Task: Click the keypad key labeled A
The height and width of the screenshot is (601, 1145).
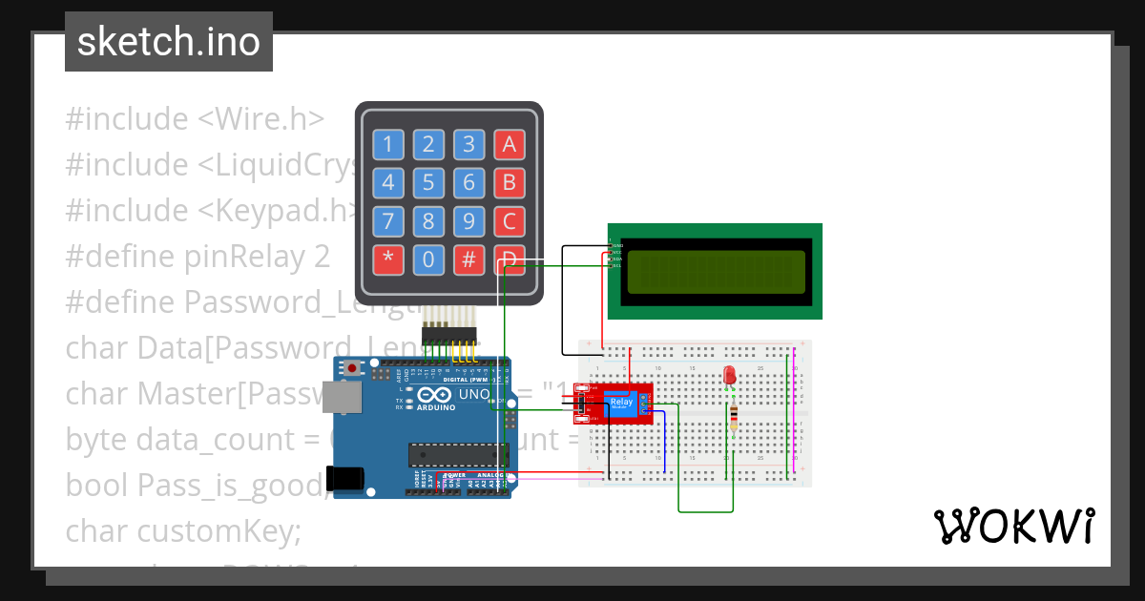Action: pyautogui.click(x=510, y=145)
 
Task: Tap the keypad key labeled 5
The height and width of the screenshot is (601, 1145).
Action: pyautogui.click(x=428, y=183)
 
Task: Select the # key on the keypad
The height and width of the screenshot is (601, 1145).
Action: pyautogui.click(x=468, y=259)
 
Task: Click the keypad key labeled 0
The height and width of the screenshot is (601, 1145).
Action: pyautogui.click(x=428, y=259)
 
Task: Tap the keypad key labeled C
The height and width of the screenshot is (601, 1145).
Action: pyautogui.click(x=510, y=221)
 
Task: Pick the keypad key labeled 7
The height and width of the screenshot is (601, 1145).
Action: pyautogui.click(x=387, y=221)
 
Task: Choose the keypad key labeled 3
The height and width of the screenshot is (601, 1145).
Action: pyautogui.click(x=468, y=145)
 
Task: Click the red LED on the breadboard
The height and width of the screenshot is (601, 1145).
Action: pyautogui.click(x=730, y=375)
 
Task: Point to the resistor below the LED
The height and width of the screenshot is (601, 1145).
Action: pyautogui.click(x=733, y=417)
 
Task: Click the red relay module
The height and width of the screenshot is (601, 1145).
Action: pyautogui.click(x=615, y=404)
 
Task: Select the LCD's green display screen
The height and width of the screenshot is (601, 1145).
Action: pyautogui.click(x=715, y=271)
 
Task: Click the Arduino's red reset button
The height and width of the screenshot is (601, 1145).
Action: pyautogui.click(x=353, y=367)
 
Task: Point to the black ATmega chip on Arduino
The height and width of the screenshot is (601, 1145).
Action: pyautogui.click(x=452, y=455)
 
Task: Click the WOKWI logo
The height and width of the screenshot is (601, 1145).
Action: pyautogui.click(x=1012, y=526)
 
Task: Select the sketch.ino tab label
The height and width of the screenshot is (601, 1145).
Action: pyautogui.click(x=169, y=42)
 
